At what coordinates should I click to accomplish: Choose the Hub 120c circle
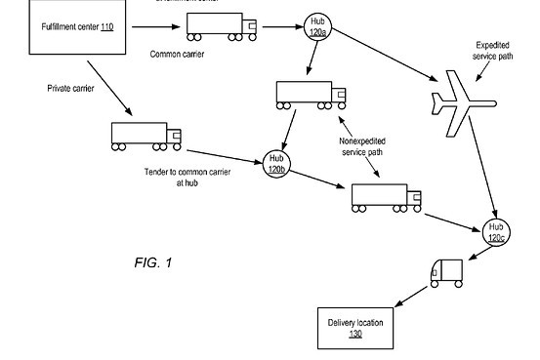tap(496, 231)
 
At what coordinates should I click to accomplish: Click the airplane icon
tap(463, 103)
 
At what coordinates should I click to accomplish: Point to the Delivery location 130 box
tap(355, 328)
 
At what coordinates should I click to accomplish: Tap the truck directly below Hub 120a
tap(311, 96)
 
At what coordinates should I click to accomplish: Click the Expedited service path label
tap(492, 52)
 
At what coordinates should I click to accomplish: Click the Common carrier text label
tap(177, 54)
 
